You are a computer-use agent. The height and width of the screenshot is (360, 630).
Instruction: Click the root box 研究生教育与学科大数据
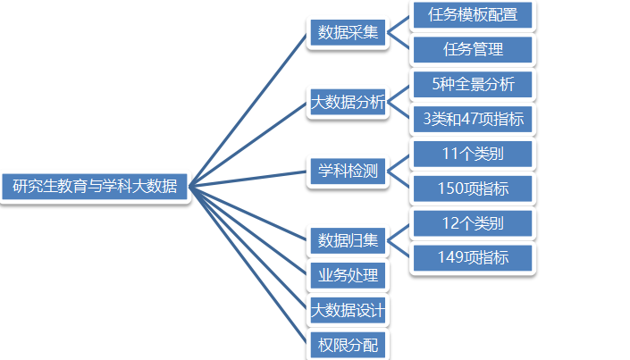(x=96, y=187)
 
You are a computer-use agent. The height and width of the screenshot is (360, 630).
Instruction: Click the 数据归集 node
(x=348, y=239)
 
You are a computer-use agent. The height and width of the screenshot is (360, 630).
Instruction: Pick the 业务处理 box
(x=348, y=275)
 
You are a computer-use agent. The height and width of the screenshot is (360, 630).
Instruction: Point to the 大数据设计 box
(x=348, y=310)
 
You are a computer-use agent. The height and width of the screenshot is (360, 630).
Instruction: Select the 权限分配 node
(x=348, y=345)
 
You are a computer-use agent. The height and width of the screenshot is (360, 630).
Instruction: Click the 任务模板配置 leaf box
(x=473, y=15)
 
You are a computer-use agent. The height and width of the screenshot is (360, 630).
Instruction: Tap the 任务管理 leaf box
(x=473, y=48)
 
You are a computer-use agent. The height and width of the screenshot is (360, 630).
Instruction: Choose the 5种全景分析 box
(x=473, y=84)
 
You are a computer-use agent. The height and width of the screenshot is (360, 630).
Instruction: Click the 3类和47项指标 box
(x=473, y=119)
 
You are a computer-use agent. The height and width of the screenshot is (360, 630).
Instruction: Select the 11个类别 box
(x=473, y=154)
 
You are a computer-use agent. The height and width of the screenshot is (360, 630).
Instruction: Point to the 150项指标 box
(x=473, y=188)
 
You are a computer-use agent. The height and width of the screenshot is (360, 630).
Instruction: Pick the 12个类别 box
(x=473, y=222)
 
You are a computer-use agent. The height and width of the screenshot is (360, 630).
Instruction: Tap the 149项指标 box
(x=473, y=257)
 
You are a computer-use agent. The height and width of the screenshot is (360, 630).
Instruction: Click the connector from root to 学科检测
(x=249, y=179)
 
